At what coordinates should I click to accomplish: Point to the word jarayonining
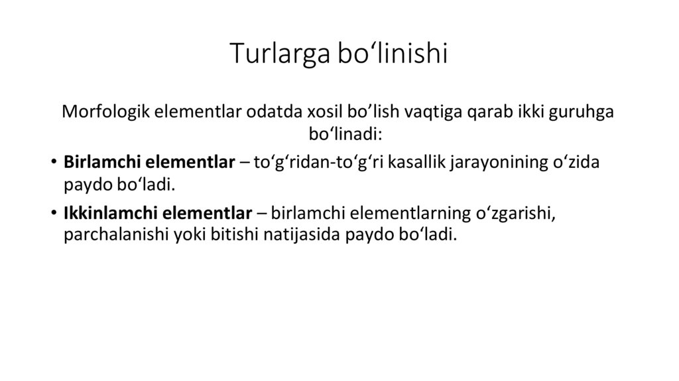tap(498, 162)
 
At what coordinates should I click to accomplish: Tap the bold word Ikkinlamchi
tap(105, 214)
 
